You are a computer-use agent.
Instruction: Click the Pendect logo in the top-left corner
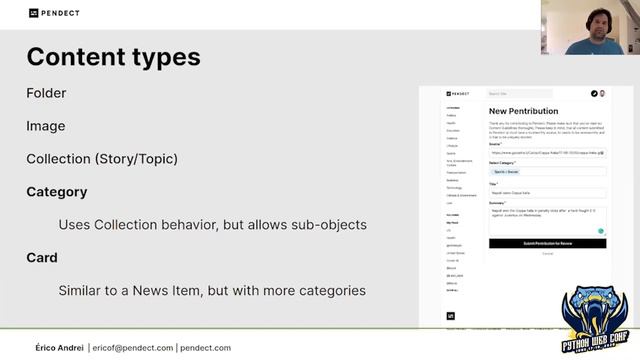coord(54,13)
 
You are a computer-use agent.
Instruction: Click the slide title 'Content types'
coord(113,56)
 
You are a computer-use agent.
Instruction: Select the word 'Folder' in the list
coord(46,93)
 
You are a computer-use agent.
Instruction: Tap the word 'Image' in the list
coord(46,126)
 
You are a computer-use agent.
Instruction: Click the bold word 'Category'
coord(57,191)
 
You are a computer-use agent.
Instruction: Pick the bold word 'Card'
coord(41,257)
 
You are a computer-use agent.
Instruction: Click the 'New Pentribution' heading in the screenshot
coord(523,111)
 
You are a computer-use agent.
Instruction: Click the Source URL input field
coord(547,153)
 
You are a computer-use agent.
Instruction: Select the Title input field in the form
coord(547,193)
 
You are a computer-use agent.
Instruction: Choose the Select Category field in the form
coord(547,172)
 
